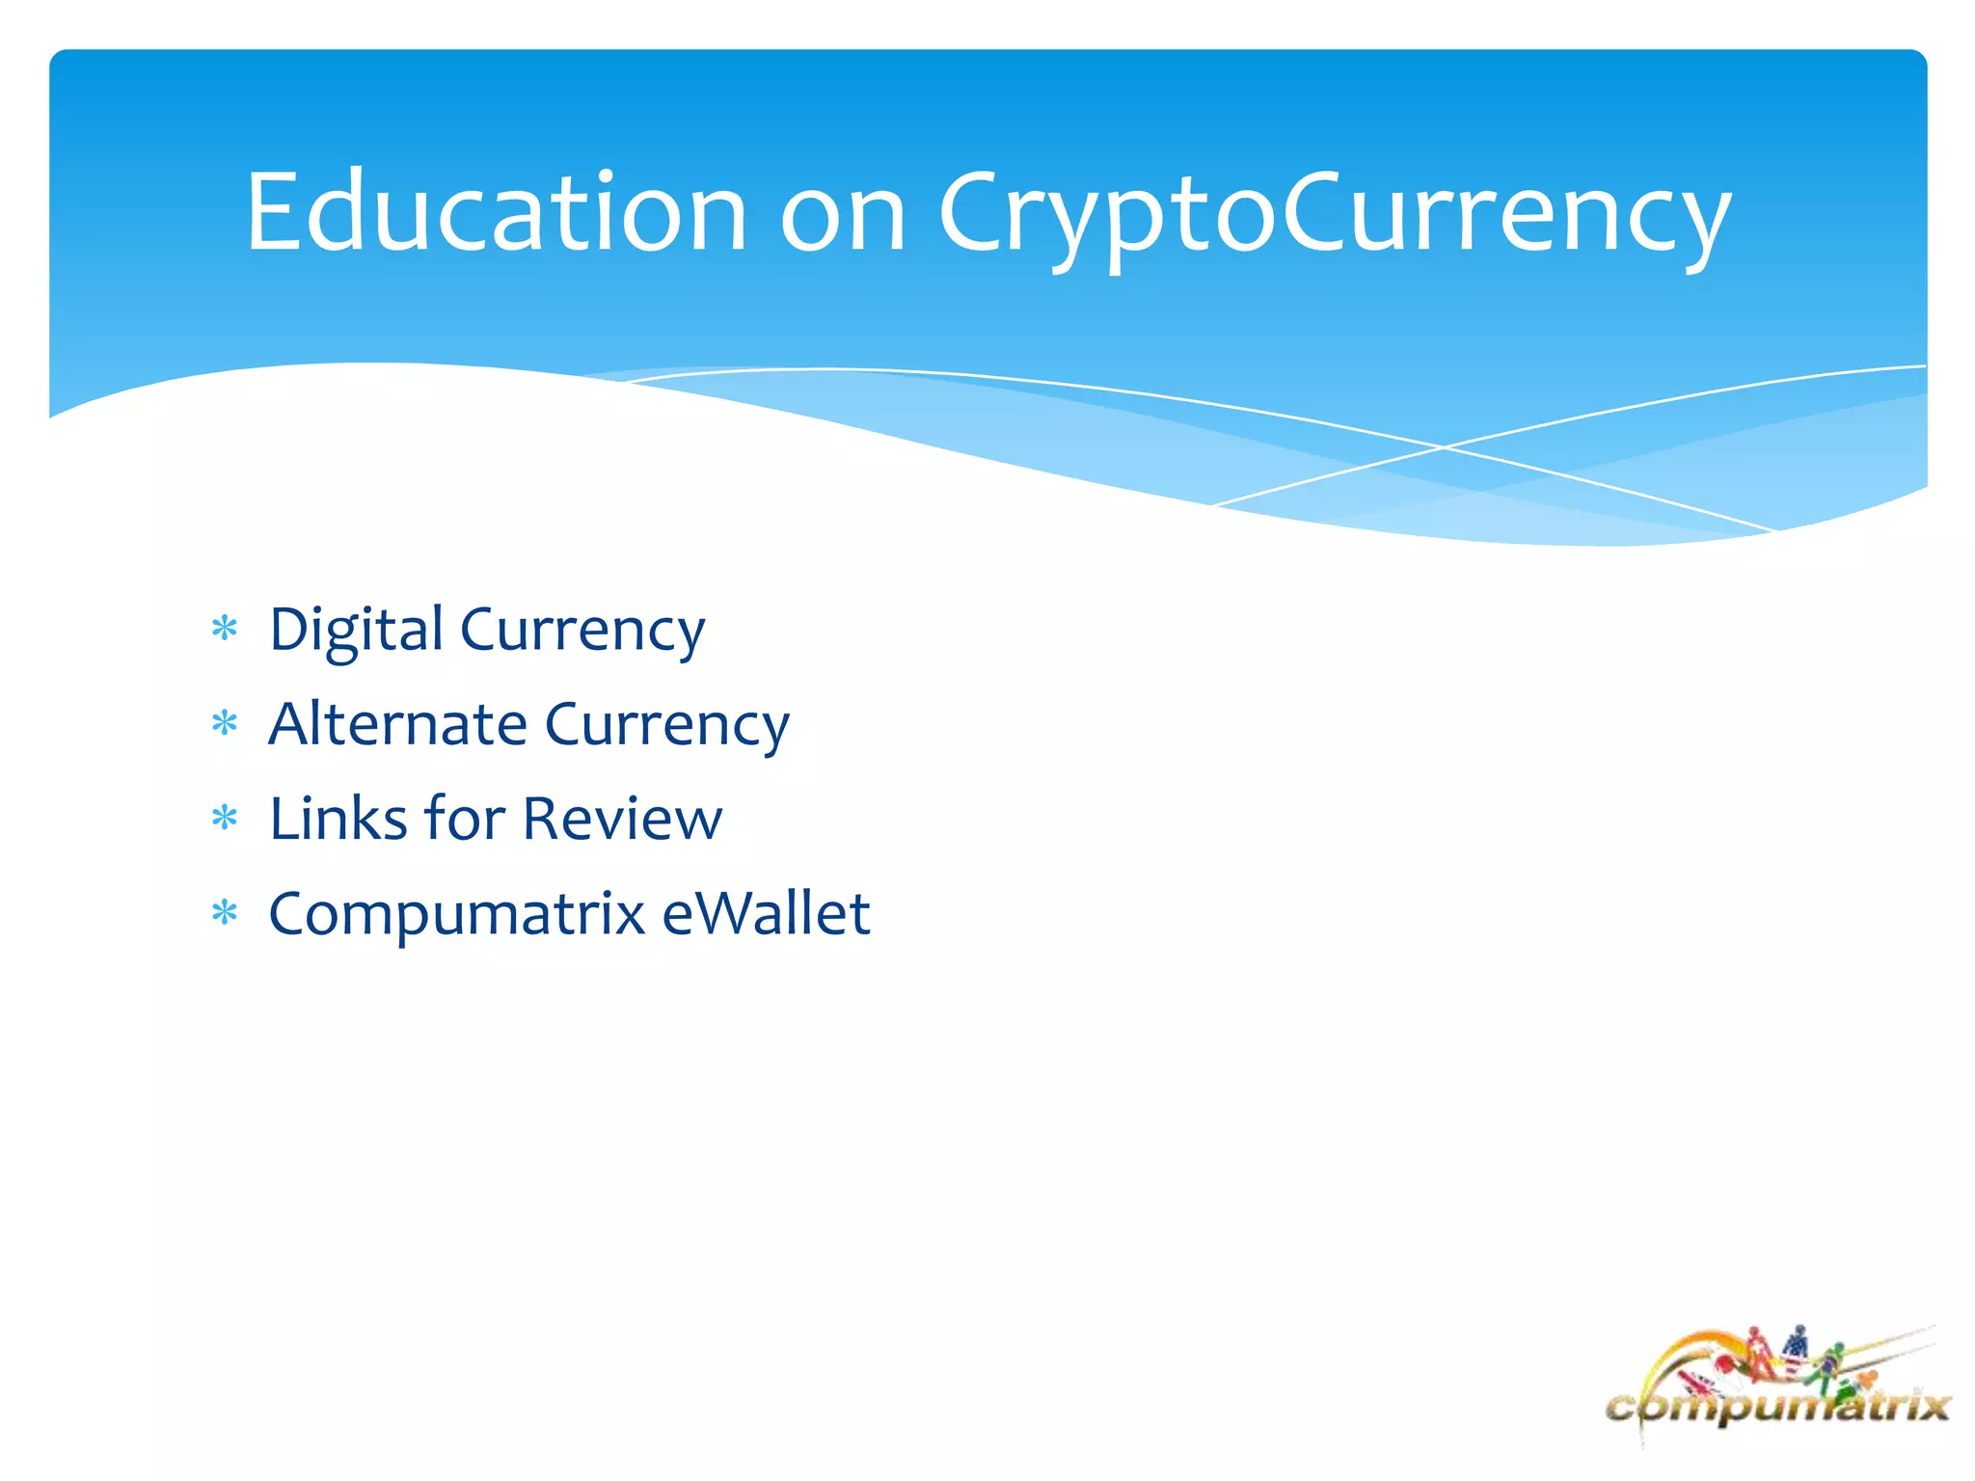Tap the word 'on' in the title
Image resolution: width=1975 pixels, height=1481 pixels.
[842, 214]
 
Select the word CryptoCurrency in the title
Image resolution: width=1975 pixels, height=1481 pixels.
[1335, 217]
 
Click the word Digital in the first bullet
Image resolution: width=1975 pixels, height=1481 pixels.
[356, 632]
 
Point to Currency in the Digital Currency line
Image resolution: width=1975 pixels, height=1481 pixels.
[582, 632]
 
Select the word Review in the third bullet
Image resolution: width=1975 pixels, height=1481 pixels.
[622, 819]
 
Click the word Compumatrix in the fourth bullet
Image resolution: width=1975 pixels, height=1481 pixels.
[457, 914]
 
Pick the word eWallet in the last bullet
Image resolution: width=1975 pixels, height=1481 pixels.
[766, 913]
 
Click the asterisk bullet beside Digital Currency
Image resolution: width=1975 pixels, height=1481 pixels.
[225, 629]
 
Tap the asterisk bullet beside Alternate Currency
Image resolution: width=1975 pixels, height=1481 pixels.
[225, 723]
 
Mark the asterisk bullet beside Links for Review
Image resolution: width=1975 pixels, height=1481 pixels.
[225, 819]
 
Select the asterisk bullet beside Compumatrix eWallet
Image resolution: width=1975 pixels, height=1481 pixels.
[225, 912]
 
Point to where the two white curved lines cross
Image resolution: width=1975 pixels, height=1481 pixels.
[1444, 447]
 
